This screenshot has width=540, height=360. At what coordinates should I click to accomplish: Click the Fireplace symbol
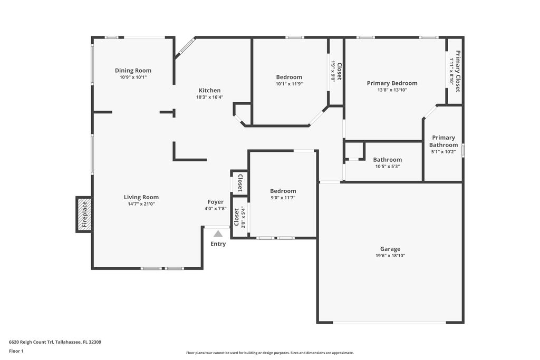tap(84, 214)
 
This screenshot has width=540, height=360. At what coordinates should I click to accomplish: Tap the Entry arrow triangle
tap(218, 233)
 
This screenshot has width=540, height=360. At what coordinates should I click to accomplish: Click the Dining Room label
tap(133, 71)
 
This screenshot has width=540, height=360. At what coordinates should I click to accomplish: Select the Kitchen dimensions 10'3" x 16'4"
tap(209, 97)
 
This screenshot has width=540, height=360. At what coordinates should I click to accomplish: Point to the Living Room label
tap(141, 197)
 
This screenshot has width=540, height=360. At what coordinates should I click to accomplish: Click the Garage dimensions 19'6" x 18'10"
tap(390, 256)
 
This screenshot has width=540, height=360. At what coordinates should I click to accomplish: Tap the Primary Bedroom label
tap(392, 83)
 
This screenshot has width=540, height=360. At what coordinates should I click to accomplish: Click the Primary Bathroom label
tap(443, 141)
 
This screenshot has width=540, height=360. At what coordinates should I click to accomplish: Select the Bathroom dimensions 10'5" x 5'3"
tap(387, 167)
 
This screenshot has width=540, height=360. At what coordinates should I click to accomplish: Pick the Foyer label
tap(215, 202)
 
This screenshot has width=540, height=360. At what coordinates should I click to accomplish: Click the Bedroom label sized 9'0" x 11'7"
tap(283, 191)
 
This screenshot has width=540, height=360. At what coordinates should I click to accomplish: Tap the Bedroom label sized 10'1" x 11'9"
tap(289, 77)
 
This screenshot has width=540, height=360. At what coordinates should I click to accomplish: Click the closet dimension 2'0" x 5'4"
tap(243, 216)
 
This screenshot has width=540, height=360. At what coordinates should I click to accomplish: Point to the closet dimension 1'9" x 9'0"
tap(333, 71)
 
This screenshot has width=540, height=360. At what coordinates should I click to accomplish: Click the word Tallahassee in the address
tap(71, 342)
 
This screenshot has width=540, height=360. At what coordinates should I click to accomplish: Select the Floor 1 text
tap(16, 351)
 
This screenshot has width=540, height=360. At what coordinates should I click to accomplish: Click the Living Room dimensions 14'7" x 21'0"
tap(141, 204)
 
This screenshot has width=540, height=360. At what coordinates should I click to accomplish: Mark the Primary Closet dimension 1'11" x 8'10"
tap(451, 72)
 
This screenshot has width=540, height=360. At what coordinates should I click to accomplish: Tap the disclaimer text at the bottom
tap(269, 353)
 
